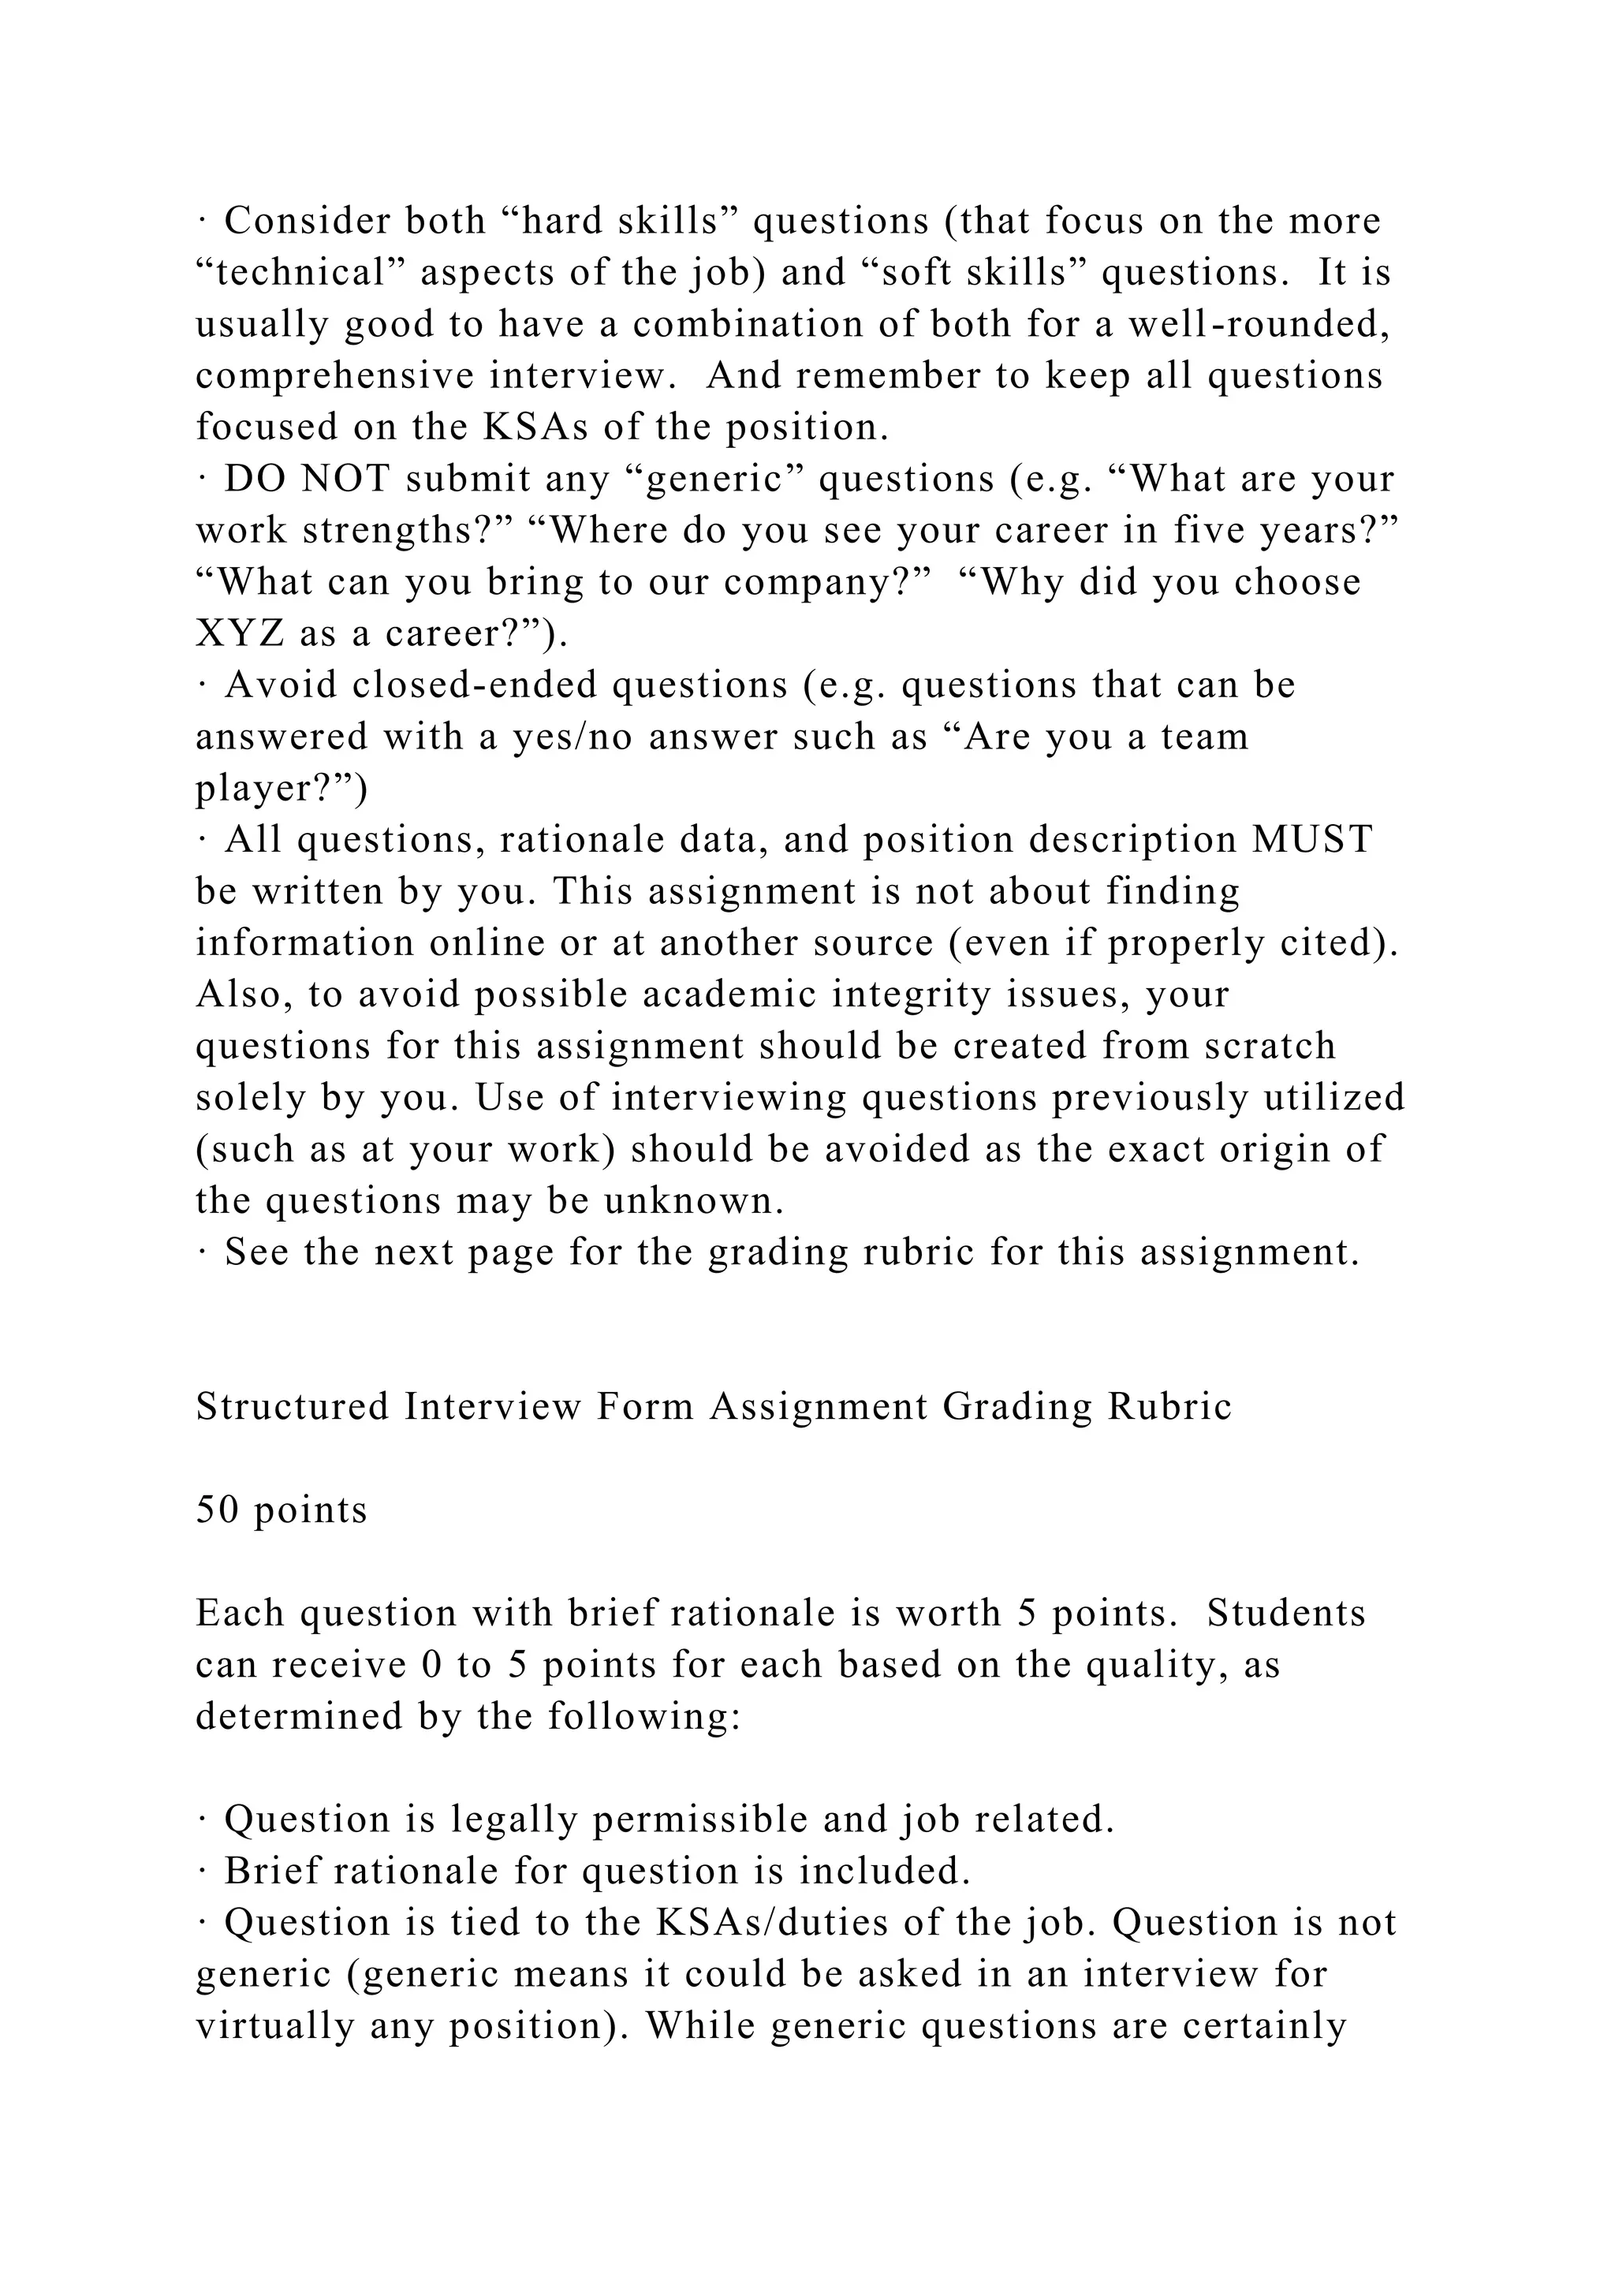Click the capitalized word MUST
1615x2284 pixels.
(x=1311, y=841)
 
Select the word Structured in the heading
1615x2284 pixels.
(x=293, y=1408)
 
